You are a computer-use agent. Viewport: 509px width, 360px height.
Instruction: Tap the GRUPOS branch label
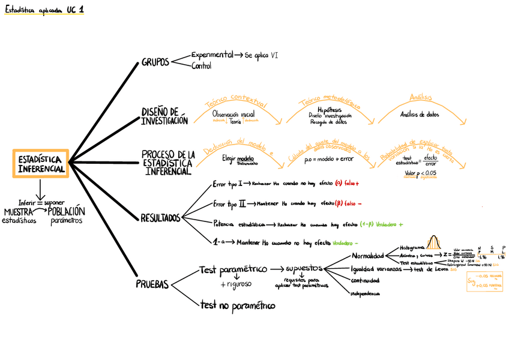[155, 62]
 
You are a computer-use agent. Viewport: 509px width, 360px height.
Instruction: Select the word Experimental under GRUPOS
[212, 55]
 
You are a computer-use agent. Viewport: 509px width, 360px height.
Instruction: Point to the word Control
[201, 66]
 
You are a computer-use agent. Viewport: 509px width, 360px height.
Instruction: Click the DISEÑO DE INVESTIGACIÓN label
[164, 116]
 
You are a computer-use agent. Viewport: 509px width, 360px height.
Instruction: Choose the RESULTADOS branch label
[160, 217]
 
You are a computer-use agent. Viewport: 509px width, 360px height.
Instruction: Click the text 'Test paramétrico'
[233, 271]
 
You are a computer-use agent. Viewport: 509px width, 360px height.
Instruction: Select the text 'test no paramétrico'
[238, 306]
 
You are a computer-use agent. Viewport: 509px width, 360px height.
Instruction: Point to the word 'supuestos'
[305, 268]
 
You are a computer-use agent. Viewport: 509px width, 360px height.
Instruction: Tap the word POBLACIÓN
[67, 212]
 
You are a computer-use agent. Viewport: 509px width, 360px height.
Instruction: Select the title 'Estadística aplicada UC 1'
[44, 10]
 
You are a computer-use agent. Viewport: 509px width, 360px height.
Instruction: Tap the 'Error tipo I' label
[227, 184]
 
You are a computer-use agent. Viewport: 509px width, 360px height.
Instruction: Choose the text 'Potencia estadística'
[239, 224]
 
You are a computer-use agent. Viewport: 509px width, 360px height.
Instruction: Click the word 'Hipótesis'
[330, 110]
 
